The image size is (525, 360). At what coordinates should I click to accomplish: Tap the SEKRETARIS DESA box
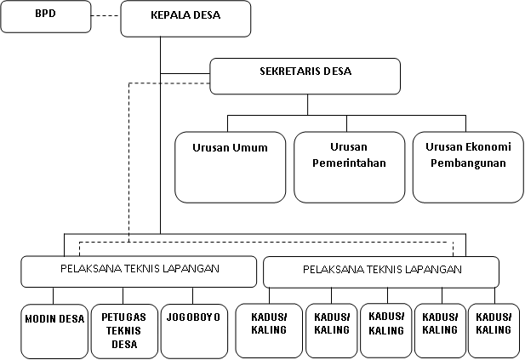coord(305,76)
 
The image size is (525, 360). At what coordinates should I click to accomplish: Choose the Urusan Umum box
coord(230,167)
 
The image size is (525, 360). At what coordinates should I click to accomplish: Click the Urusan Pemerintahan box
coord(349,167)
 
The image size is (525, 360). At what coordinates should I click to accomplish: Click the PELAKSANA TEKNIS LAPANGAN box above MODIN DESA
coord(139,271)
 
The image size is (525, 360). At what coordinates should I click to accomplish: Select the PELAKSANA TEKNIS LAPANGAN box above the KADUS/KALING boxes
coord(381,271)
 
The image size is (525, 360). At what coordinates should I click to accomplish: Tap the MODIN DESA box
coord(54,330)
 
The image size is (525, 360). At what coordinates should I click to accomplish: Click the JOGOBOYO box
coord(193,330)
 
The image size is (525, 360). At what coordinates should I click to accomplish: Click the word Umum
coord(252,146)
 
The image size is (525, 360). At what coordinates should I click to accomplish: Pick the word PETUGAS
coord(123,317)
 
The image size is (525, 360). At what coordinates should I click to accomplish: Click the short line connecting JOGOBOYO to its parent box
coord(193,294)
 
